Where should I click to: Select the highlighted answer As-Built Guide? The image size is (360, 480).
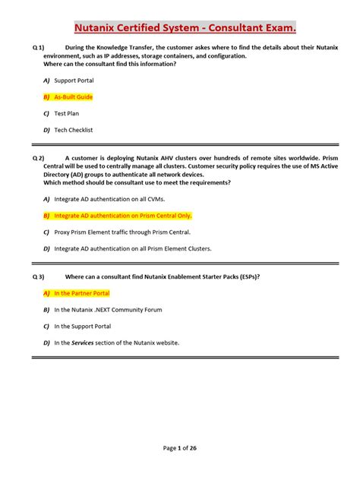[73, 97]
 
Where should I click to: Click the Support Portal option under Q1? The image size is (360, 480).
[75, 80]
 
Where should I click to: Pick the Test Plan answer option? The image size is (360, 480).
[66, 114]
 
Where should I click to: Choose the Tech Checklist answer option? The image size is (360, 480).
[73, 131]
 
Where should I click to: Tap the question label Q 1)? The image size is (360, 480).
[39, 48]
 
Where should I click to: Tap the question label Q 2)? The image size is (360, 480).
[39, 158]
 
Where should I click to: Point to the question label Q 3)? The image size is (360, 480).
[39, 276]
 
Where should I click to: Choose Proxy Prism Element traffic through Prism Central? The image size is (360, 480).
[122, 232]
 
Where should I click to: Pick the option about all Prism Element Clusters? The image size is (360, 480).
[133, 248]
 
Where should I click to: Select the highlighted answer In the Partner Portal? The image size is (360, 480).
[82, 293]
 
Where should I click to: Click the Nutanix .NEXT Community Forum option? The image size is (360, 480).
[108, 310]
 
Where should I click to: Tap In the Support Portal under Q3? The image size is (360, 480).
[83, 327]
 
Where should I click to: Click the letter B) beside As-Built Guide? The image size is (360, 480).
[46, 97]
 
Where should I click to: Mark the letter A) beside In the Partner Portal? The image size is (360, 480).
[46, 293]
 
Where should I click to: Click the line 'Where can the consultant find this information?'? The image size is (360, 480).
[109, 64]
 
